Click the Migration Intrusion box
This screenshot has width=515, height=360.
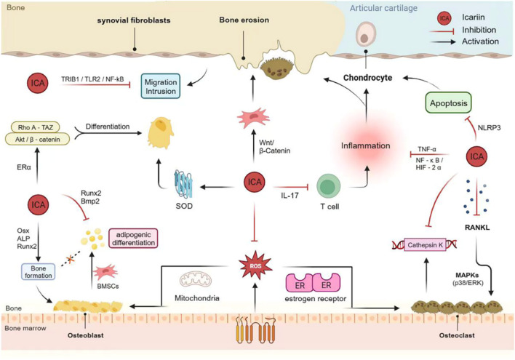point(161,86)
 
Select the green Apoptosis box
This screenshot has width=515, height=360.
point(448,103)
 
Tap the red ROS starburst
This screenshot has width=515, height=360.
point(255,265)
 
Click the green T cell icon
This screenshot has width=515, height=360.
point(329,186)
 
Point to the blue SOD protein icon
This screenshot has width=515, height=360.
point(183,184)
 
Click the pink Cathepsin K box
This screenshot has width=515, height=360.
point(425,244)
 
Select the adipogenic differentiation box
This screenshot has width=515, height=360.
point(133,239)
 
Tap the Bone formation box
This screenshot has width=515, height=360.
point(38,272)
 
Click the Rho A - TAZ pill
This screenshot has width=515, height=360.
point(36,127)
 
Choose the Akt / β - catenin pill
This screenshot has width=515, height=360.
point(37,139)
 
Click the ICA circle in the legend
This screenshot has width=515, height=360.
point(444,18)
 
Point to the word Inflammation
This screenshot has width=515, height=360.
point(366,145)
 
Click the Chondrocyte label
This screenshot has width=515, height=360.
point(367,78)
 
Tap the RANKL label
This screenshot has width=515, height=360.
point(477,228)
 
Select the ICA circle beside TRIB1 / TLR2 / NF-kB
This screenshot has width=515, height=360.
point(38,83)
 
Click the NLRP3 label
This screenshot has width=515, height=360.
point(489,128)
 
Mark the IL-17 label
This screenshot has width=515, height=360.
point(290,196)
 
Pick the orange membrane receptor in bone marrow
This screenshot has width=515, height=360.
point(255,330)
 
